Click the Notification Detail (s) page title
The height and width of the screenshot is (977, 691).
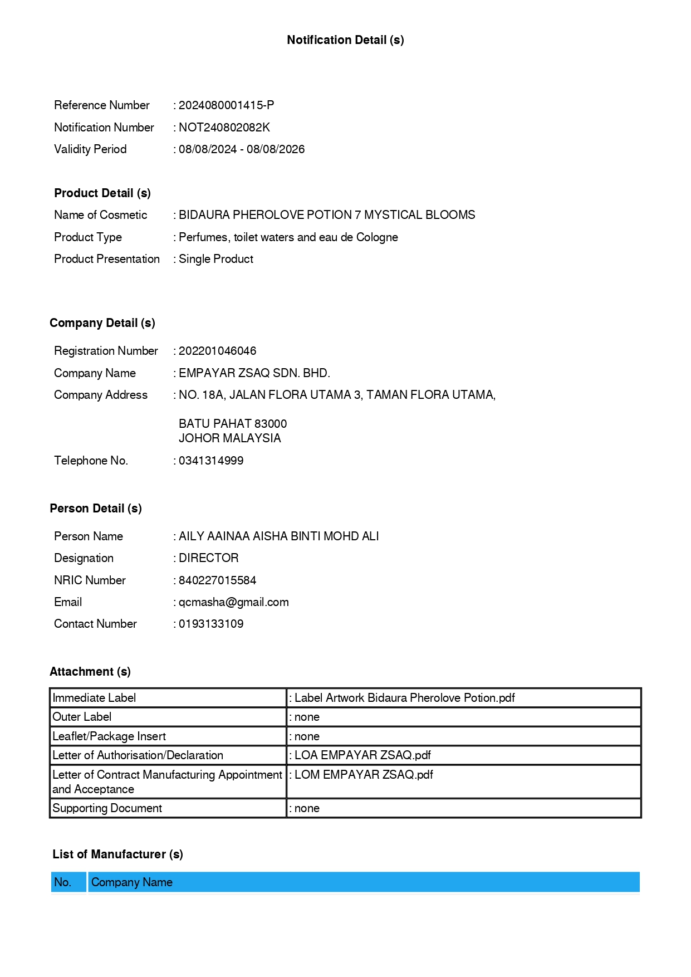[345, 40]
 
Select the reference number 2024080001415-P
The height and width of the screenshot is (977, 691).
[226, 105]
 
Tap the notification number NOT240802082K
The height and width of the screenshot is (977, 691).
[224, 128]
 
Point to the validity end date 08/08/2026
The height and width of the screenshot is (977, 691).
[276, 149]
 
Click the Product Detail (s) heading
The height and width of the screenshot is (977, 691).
[102, 193]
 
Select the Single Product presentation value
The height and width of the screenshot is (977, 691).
[216, 259]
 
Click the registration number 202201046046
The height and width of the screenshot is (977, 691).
[217, 351]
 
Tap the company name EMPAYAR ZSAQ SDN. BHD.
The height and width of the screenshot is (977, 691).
[254, 373]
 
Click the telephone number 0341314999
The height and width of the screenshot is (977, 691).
[211, 461]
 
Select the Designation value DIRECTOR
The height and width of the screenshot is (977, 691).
[209, 558]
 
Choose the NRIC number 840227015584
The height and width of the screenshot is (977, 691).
[217, 580]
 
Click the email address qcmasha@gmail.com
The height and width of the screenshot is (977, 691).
[233, 602]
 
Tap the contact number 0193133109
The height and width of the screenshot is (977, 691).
[211, 624]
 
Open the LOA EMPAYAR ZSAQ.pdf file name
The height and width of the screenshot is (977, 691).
[362, 755]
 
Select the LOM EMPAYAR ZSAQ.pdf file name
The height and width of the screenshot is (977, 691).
[364, 775]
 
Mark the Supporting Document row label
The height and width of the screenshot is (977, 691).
[107, 808]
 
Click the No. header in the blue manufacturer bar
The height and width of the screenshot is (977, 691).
[63, 882]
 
